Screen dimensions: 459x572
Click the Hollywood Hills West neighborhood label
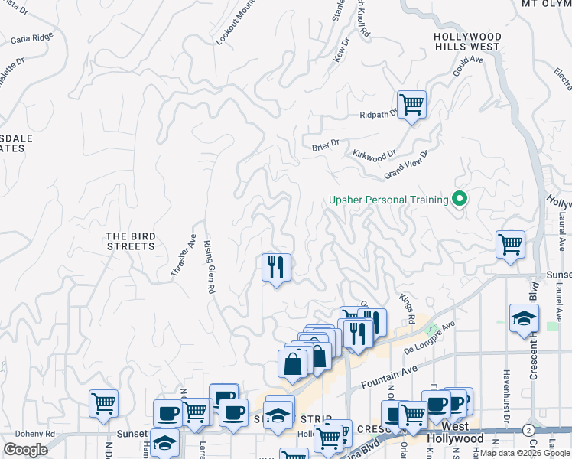tap(467, 41)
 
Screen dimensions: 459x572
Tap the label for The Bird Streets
tap(131, 241)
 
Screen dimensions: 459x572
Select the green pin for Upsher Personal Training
tap(460, 200)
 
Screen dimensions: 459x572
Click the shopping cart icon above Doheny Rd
tap(103, 403)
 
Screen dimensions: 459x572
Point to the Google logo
tap(25, 450)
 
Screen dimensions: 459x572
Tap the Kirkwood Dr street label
tap(374, 155)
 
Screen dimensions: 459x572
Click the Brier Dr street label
tap(325, 145)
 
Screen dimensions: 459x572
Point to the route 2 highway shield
tap(528, 430)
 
